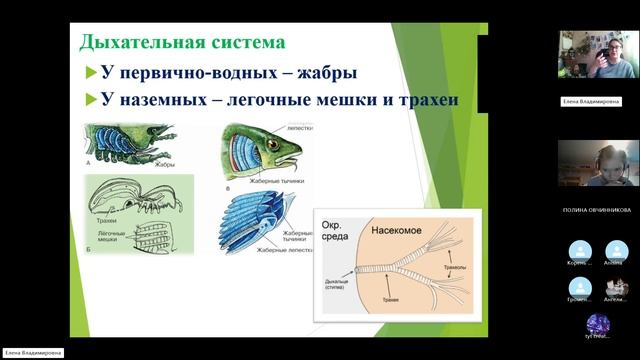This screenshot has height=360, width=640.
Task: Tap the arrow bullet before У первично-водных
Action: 91,73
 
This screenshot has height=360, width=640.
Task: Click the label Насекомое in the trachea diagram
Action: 401,228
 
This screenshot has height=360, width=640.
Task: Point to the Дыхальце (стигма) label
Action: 336,286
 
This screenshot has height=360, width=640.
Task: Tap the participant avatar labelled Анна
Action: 615,249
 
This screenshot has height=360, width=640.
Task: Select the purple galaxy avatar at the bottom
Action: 597,324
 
